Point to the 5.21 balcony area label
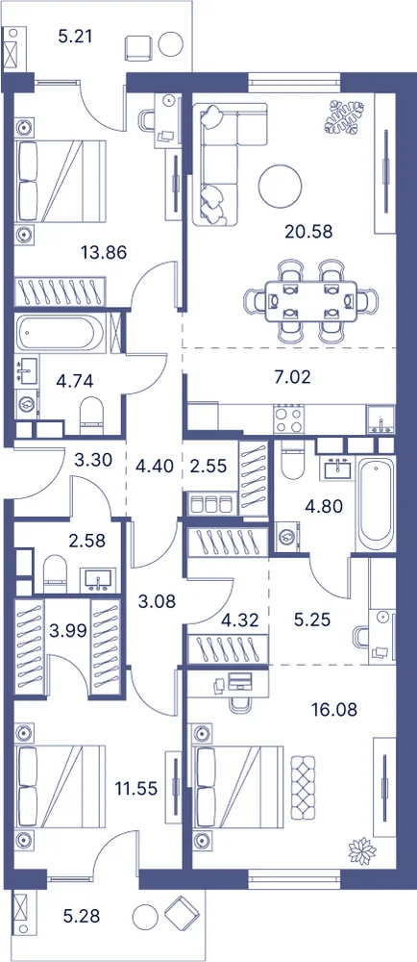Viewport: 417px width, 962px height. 75,37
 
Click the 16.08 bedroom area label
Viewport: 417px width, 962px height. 333,710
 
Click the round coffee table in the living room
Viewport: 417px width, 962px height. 280,188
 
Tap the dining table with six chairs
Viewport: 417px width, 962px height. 311,301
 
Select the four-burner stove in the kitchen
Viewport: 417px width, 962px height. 289,419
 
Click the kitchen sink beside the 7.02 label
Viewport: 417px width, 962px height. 380,420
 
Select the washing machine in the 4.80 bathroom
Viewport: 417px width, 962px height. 286,536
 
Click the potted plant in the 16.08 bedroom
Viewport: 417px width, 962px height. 361,851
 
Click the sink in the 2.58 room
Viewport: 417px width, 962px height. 96,580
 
